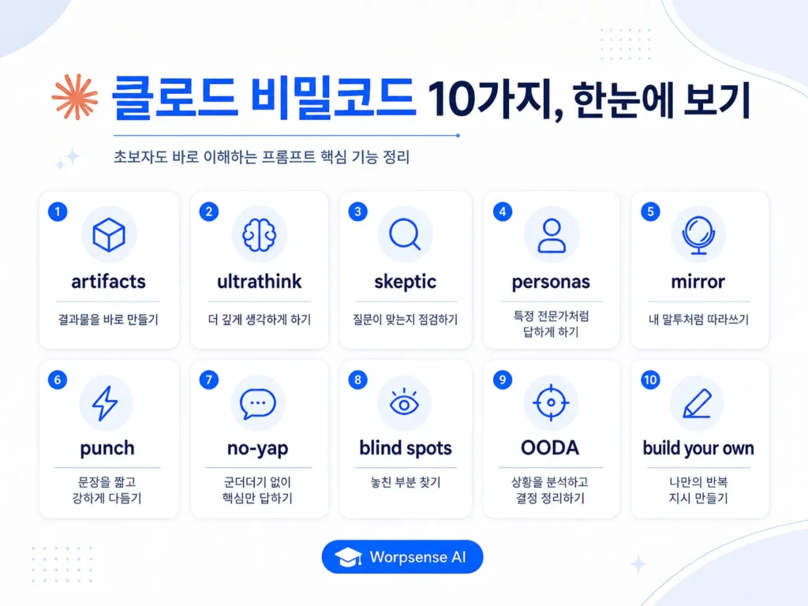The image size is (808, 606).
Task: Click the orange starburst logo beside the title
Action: (x=75, y=97)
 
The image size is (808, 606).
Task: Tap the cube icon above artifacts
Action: (x=109, y=235)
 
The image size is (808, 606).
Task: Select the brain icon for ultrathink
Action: (x=259, y=235)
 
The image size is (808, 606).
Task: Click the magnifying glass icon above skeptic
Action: (x=405, y=234)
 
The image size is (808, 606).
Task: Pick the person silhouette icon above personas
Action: (x=552, y=235)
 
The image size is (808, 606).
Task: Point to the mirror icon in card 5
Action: (x=698, y=235)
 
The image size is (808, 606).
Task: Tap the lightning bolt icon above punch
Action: (x=105, y=403)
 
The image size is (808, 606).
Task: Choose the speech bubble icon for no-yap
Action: (x=258, y=404)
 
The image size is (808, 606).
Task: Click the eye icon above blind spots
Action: (x=405, y=402)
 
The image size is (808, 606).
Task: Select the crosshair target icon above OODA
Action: (x=551, y=402)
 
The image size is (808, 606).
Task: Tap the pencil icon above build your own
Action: (x=698, y=403)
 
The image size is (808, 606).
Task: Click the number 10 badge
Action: (x=650, y=380)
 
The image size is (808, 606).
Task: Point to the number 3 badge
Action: (x=357, y=211)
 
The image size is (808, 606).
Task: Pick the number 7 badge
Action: (x=208, y=380)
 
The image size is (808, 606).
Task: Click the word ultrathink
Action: (x=259, y=282)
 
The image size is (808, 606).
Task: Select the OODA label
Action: (x=550, y=448)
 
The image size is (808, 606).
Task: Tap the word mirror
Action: (x=698, y=282)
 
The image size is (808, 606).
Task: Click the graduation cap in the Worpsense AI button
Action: (x=348, y=557)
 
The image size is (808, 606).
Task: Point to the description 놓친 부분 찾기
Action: (x=406, y=482)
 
